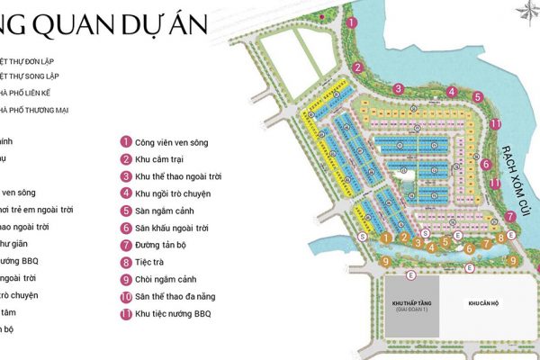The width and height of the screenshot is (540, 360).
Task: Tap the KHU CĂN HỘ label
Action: pos(483,303)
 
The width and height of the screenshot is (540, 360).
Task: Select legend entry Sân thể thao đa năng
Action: pos(181,296)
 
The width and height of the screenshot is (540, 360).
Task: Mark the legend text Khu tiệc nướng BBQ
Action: pos(177,314)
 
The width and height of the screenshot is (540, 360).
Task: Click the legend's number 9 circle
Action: pos(127,279)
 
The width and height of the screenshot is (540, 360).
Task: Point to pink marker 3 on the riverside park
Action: pos(397,88)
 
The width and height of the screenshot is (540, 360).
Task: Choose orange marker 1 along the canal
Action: pos(384,238)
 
